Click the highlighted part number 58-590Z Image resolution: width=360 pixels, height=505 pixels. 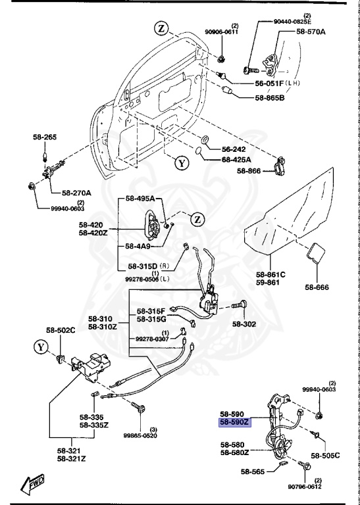tap(235, 424)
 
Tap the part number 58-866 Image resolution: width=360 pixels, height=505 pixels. tap(249, 172)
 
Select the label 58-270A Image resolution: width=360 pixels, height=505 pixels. tap(77, 193)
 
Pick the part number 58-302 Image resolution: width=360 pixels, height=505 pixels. tap(244, 324)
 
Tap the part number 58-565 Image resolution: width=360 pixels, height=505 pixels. tap(252, 471)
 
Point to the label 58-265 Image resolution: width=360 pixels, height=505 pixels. tap(45, 137)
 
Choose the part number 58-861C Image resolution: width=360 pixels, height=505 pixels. tap(270, 274)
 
